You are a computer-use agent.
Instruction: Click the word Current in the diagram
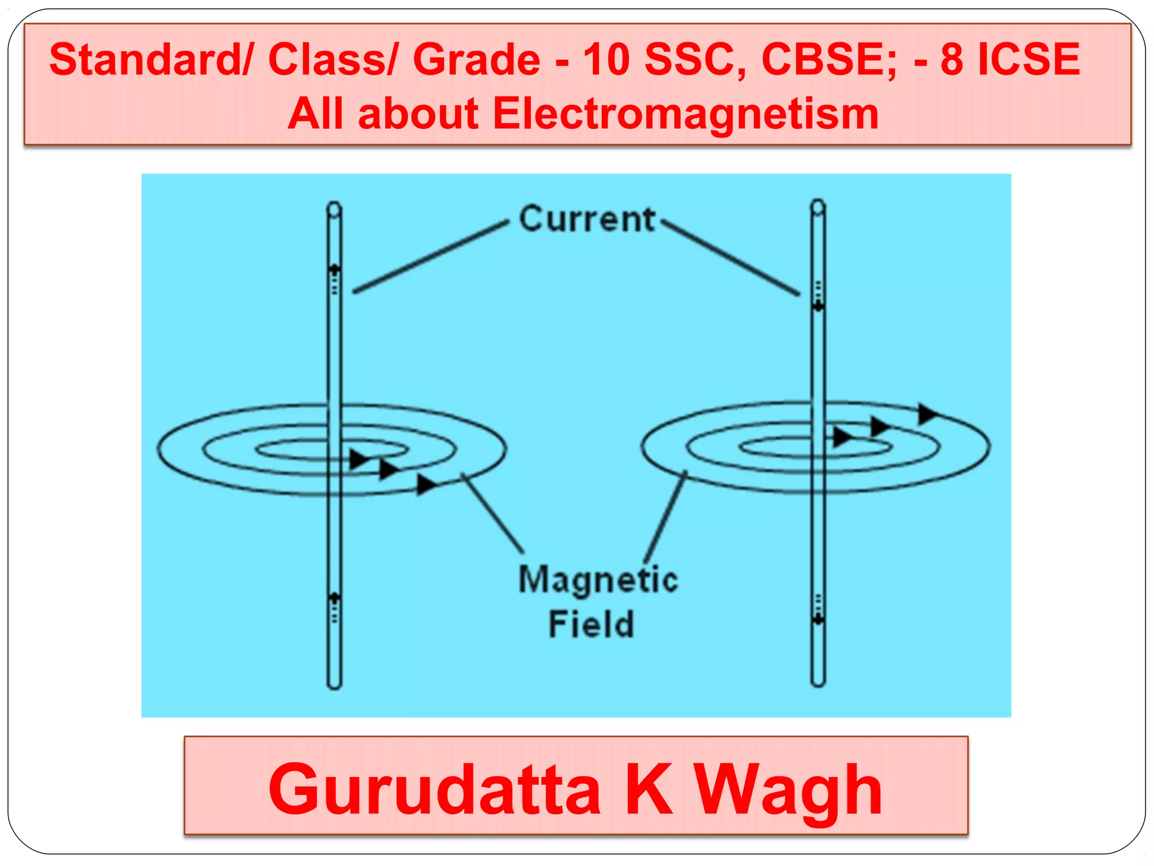click(x=587, y=219)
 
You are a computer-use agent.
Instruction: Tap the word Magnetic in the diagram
click(x=598, y=580)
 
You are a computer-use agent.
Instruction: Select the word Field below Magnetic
click(x=591, y=624)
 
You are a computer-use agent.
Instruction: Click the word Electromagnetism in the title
click(x=685, y=113)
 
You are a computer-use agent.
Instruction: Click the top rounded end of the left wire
click(x=334, y=210)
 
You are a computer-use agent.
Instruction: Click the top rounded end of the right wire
click(x=818, y=207)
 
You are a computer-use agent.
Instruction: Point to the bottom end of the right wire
click(x=818, y=682)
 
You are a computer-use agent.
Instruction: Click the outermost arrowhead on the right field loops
click(x=927, y=414)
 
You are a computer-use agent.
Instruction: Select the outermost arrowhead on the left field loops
click(x=427, y=484)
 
